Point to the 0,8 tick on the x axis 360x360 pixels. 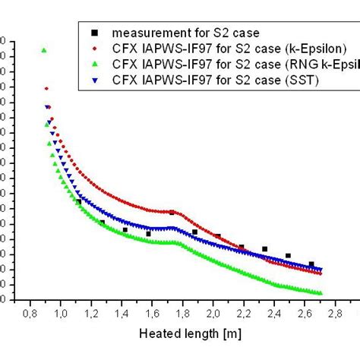pyautogui.click(x=30, y=311)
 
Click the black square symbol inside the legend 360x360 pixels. pyautogui.click(x=94, y=33)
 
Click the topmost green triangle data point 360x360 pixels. pyautogui.click(x=44, y=50)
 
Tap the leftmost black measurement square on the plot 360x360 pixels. pyautogui.click(x=78, y=201)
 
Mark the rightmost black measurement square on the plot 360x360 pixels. pyautogui.click(x=311, y=264)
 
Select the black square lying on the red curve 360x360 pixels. pyautogui.click(x=172, y=212)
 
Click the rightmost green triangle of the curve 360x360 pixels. pyautogui.click(x=321, y=293)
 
